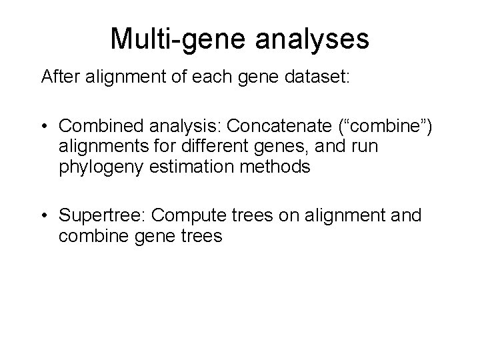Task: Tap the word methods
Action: click(x=279, y=167)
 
